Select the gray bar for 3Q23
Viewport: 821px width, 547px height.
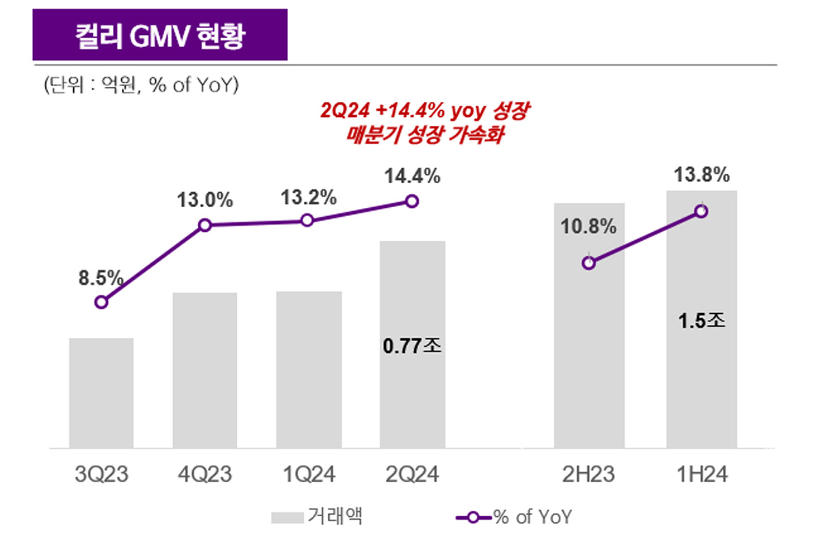coord(101,393)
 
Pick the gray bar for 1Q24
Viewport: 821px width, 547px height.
coord(309,370)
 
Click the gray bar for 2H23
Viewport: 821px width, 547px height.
coord(589,356)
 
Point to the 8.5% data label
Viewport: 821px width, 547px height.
coord(101,278)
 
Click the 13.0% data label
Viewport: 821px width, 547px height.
coord(205,201)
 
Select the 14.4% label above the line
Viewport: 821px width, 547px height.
coord(412,176)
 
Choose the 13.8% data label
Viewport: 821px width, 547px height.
coord(701,176)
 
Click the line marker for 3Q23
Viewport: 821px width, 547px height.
coord(101,302)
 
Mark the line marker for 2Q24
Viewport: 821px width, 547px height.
coord(411,201)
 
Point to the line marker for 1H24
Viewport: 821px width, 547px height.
coord(701,211)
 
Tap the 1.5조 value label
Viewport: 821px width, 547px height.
coord(701,320)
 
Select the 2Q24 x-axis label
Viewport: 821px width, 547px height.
coord(411,474)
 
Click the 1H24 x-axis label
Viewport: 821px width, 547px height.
coord(701,474)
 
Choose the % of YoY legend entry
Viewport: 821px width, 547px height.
coord(513,517)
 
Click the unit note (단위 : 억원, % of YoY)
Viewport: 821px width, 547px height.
coord(140,85)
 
